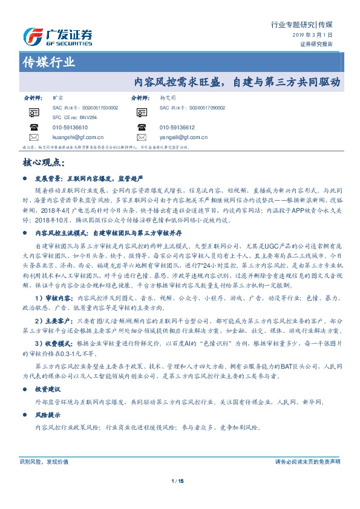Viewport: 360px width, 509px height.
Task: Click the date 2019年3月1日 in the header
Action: click(x=316, y=36)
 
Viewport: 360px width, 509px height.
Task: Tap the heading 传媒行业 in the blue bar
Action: click(x=48, y=62)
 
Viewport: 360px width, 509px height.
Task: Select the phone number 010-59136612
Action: click(x=177, y=128)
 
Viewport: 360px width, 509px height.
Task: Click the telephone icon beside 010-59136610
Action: click(x=34, y=128)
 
